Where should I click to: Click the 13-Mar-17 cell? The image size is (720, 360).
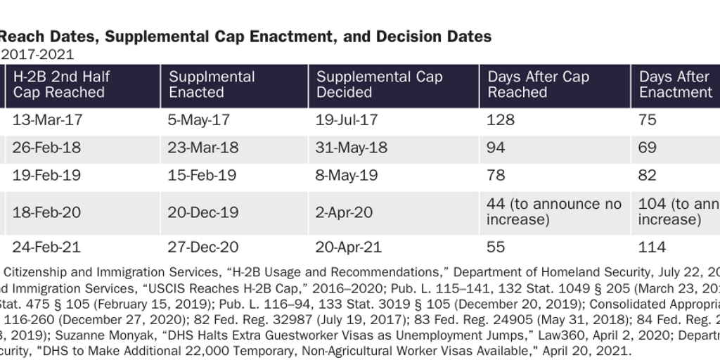(x=47, y=120)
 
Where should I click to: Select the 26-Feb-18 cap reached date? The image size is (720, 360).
(x=46, y=148)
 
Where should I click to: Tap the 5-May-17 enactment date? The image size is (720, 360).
(x=199, y=120)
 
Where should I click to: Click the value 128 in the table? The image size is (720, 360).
(x=501, y=120)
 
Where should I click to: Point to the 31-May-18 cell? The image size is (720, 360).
(x=352, y=148)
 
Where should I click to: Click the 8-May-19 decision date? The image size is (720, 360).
(x=347, y=175)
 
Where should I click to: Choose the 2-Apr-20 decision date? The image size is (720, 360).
(x=344, y=212)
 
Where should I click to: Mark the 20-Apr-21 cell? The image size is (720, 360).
(x=348, y=247)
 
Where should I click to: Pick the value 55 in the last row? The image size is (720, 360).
(x=496, y=247)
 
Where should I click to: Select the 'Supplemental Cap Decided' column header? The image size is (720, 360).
(x=380, y=84)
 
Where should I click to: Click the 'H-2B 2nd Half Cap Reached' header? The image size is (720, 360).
(x=61, y=84)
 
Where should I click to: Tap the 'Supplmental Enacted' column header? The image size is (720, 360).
(x=212, y=84)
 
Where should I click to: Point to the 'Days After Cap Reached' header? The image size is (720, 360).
(x=538, y=84)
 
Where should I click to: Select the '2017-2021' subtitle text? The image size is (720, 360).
(x=37, y=54)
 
